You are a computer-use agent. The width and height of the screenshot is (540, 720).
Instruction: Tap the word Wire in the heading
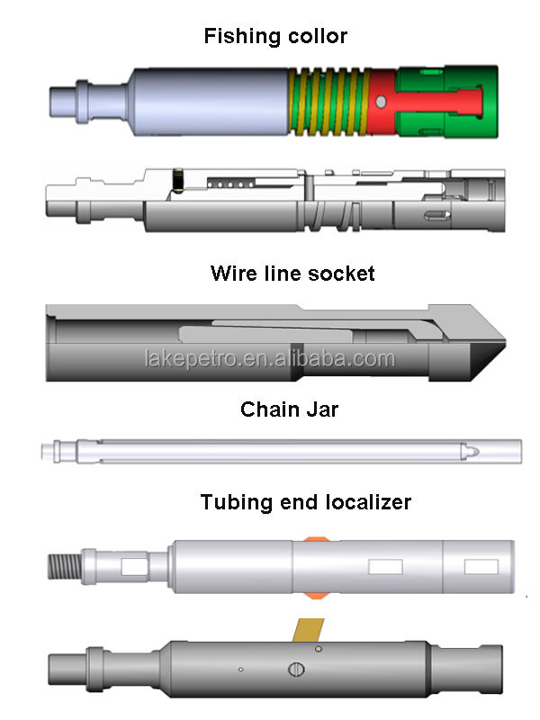[x=234, y=274]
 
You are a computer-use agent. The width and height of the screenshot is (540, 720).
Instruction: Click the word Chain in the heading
[x=270, y=409]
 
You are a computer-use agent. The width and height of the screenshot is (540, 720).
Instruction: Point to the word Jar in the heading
[x=323, y=409]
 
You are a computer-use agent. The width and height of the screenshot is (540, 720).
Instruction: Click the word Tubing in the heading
[x=237, y=502]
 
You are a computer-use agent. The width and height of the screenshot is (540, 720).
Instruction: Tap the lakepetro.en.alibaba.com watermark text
[x=269, y=358]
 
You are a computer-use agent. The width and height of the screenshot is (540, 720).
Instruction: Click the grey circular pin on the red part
[x=381, y=102]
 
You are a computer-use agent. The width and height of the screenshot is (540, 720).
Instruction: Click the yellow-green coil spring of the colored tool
[x=328, y=102]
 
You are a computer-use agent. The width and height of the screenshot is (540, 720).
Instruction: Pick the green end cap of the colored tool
[x=446, y=102]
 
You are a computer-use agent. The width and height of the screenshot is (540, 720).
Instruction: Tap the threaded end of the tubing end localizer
[x=65, y=567]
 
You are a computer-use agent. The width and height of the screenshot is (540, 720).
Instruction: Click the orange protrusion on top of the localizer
[x=314, y=538]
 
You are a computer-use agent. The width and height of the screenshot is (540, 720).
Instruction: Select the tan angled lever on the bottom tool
[x=309, y=630]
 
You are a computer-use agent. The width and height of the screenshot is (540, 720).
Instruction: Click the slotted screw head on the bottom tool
[x=296, y=669]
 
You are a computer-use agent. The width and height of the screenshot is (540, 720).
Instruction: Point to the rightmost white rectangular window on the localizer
[x=481, y=567]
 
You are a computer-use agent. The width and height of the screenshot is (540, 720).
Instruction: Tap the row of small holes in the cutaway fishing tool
[x=231, y=184]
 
